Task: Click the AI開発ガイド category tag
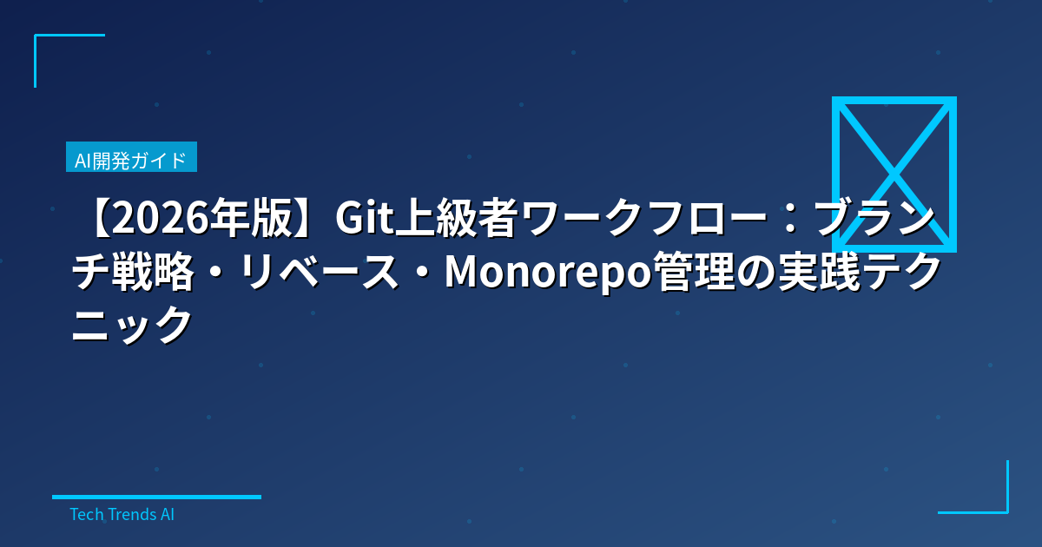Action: click(131, 160)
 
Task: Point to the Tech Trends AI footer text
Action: click(122, 514)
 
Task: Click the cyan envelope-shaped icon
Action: click(894, 174)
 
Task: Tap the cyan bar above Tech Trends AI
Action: click(156, 497)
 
